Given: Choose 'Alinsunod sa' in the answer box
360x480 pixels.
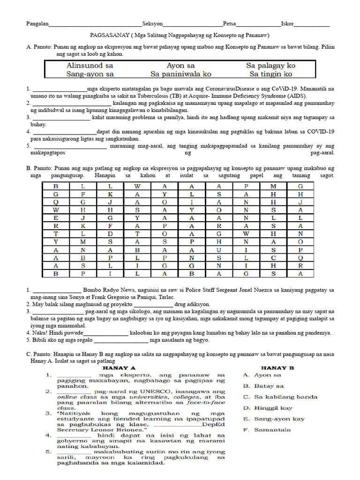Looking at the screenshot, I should tap(90, 66).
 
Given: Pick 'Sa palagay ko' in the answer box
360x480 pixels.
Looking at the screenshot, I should tap(270, 66).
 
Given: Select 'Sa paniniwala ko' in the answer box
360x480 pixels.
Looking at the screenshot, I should tap(180, 74).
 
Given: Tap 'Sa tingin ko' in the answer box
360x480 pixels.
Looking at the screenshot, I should tap(270, 74).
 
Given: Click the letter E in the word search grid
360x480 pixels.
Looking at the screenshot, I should tap(56, 218).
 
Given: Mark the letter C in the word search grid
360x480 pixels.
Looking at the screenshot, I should tap(273, 257).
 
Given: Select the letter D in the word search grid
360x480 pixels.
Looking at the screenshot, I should tap(110, 234).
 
